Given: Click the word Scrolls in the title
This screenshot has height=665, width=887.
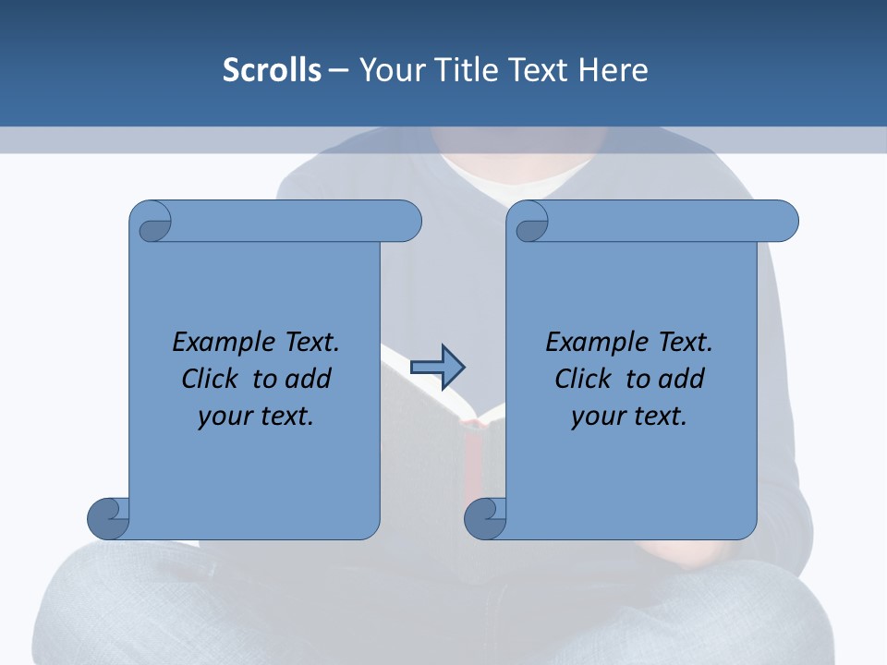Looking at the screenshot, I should point(273,70).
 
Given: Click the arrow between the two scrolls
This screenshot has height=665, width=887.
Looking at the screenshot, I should point(437,367).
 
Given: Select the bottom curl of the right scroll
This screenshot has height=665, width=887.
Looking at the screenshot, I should point(485,518).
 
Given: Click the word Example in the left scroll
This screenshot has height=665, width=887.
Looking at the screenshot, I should point(214,343).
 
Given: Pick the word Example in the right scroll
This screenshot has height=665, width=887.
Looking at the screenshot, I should point(588,343).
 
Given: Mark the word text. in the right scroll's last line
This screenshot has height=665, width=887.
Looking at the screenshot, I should point(659,416).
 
